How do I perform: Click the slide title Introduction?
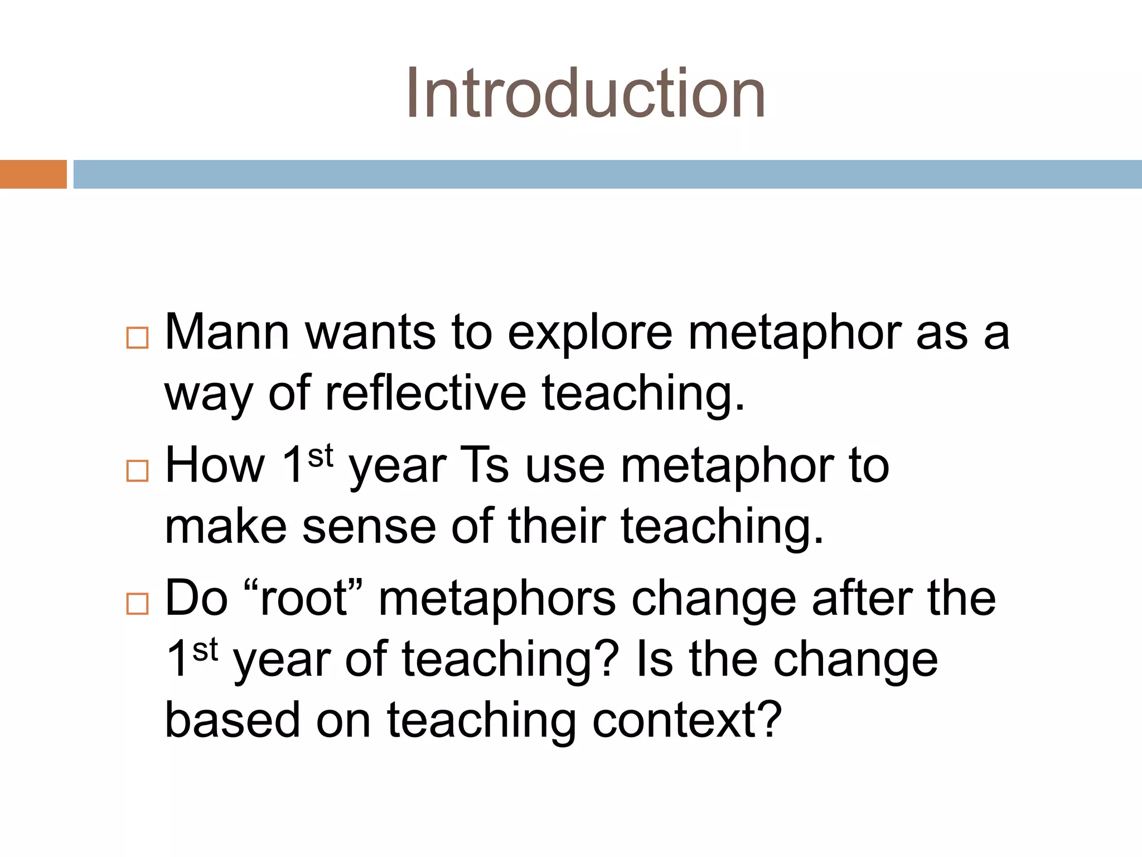click(585, 93)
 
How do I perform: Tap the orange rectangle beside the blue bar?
click(33, 174)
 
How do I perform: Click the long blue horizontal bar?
click(607, 174)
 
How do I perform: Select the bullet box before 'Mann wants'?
click(137, 338)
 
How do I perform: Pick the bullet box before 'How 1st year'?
click(137, 471)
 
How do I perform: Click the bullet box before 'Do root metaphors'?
click(137, 604)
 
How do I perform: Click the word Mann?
click(227, 333)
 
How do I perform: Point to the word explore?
click(589, 333)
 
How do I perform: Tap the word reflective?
click(425, 394)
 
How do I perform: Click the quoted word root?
click(304, 599)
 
